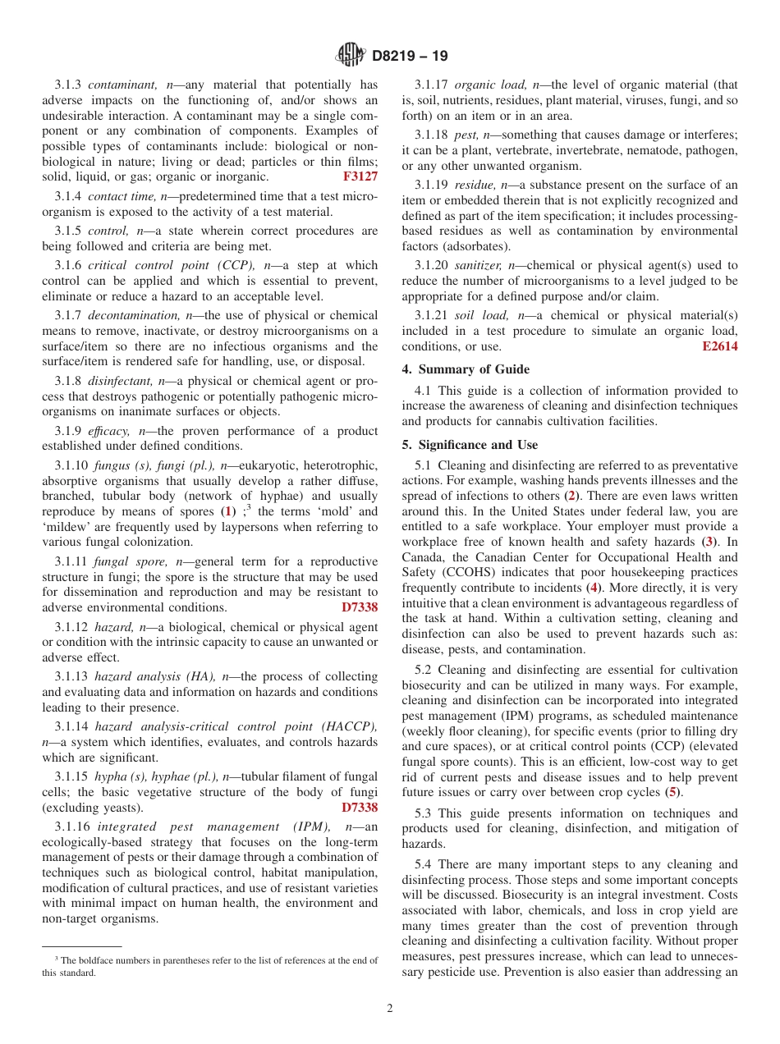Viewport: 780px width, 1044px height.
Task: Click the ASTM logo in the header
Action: (351, 56)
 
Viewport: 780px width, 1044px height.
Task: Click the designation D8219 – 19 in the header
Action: (410, 57)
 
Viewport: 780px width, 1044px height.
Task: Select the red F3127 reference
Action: (360, 176)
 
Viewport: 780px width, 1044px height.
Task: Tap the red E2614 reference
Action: (719, 346)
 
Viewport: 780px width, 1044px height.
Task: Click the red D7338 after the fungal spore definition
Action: (360, 607)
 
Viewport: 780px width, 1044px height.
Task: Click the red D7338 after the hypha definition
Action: (360, 808)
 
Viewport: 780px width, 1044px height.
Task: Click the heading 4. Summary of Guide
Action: (466, 369)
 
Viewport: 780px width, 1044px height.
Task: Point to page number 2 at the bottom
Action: (390, 1009)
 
